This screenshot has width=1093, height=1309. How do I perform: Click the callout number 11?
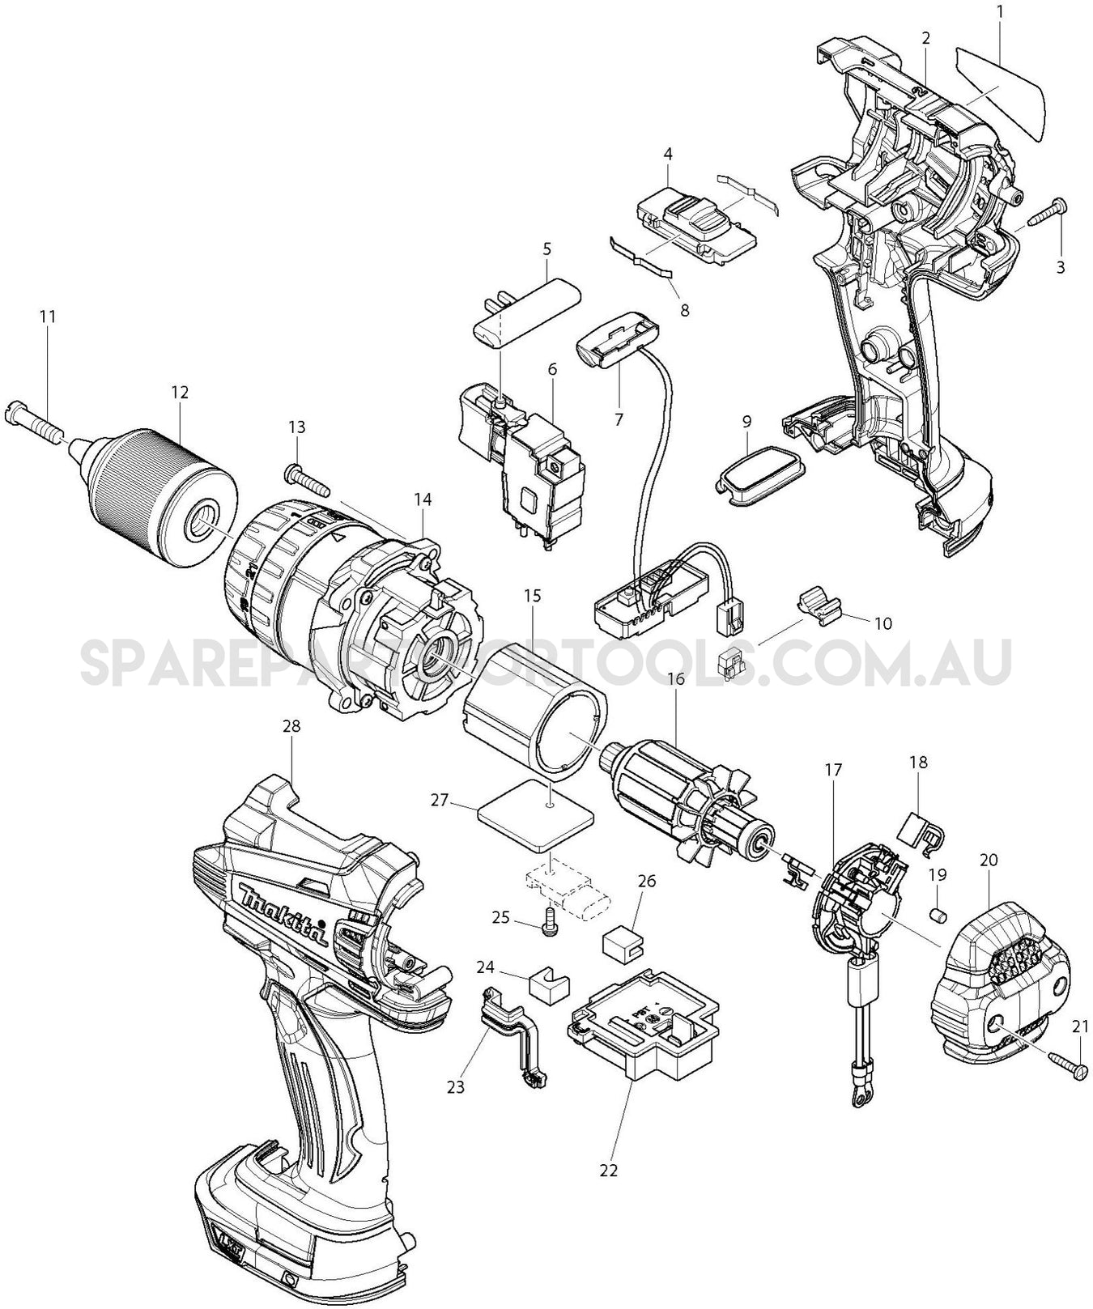click(48, 316)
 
